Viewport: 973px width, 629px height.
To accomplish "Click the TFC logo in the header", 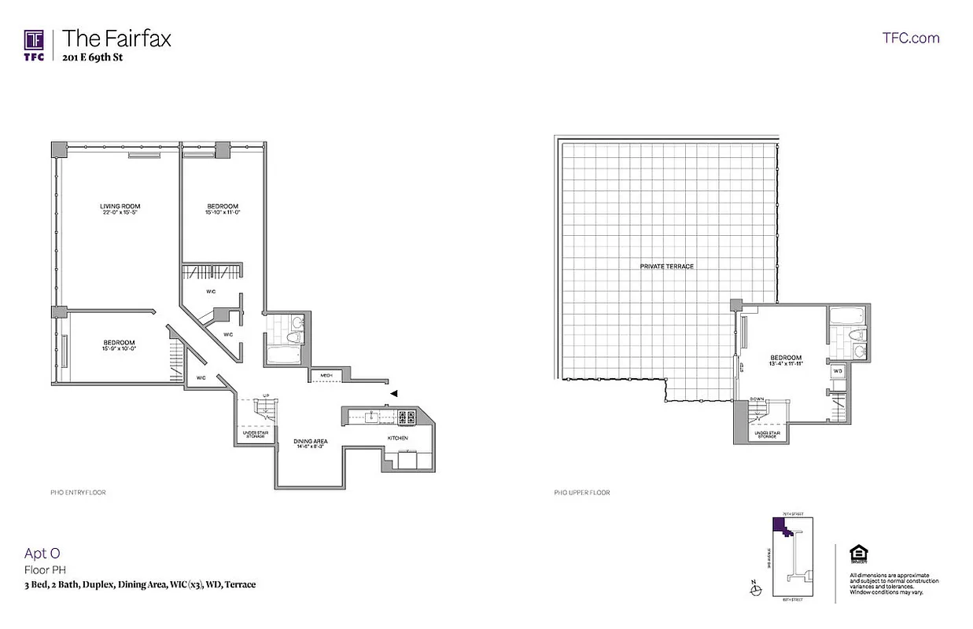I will [x=33, y=44].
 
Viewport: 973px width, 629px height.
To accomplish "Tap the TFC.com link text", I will [x=911, y=38].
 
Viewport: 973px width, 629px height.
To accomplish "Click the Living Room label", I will [x=120, y=207].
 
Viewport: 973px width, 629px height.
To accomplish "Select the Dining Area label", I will [x=310, y=441].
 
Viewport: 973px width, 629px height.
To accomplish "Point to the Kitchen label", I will [x=397, y=437].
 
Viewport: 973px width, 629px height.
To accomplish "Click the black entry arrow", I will [x=395, y=392].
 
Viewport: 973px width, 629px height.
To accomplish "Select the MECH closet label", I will [x=326, y=376].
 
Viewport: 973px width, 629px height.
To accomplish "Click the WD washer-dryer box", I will [x=838, y=370].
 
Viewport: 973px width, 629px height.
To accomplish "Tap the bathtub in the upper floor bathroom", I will [x=846, y=318].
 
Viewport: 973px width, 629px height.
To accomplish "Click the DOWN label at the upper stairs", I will [x=757, y=399].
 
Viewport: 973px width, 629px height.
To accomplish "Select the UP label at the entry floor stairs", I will [x=265, y=395].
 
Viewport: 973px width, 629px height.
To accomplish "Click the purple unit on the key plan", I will [x=787, y=529].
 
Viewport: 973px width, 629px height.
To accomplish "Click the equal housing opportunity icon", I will [x=857, y=554].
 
